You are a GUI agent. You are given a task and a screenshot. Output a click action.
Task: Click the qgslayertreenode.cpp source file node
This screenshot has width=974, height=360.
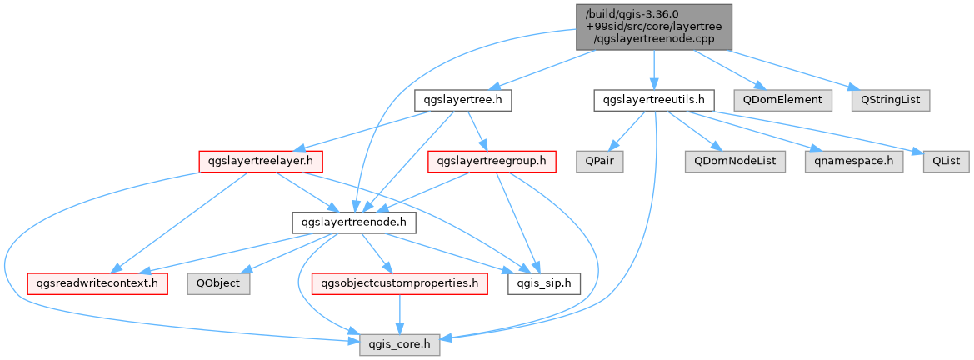pyautogui.click(x=653, y=27)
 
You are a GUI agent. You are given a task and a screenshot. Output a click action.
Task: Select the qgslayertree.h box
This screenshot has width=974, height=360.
pyautogui.click(x=462, y=101)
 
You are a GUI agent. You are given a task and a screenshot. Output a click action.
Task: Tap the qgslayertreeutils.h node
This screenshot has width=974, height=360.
pyautogui.click(x=653, y=101)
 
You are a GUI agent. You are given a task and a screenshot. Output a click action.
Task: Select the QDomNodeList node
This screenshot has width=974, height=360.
pyautogui.click(x=736, y=162)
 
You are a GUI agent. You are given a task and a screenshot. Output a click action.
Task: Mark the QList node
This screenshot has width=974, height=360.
pyautogui.click(x=943, y=162)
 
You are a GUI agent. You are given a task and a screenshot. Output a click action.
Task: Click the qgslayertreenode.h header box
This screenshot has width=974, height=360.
pyautogui.click(x=355, y=222)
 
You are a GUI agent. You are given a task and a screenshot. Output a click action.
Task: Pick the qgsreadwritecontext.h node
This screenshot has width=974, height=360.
pyautogui.click(x=97, y=284)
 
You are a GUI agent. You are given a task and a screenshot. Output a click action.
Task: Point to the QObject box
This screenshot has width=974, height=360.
pyautogui.click(x=219, y=284)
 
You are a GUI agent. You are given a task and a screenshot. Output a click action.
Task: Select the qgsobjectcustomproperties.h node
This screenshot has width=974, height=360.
pyautogui.click(x=399, y=284)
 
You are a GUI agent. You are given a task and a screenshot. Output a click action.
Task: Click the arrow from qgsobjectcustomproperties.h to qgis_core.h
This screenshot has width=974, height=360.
pyautogui.click(x=399, y=315)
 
